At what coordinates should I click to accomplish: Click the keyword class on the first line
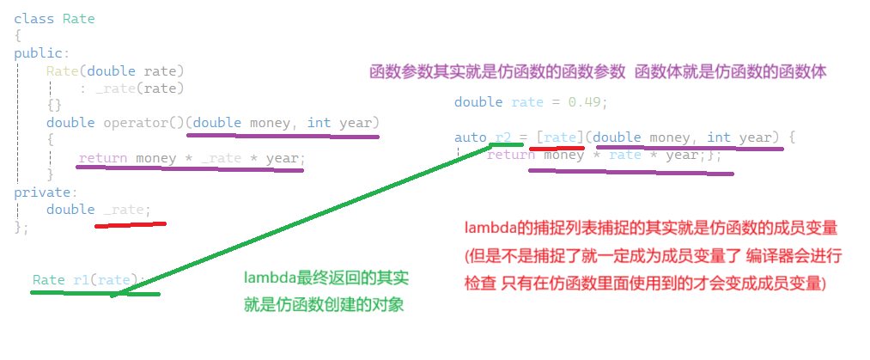(31, 19)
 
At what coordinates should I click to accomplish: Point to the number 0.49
(588, 101)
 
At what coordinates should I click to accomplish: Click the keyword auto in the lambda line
(470, 137)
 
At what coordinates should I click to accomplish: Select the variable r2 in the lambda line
(502, 137)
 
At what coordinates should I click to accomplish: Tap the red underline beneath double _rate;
(130, 225)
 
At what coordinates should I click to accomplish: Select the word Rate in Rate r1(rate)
(48, 280)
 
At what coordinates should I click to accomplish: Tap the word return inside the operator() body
(103, 158)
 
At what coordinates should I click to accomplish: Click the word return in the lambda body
(510, 156)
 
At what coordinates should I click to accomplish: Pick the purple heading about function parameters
(597, 73)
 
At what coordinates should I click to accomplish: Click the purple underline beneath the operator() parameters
(283, 135)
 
